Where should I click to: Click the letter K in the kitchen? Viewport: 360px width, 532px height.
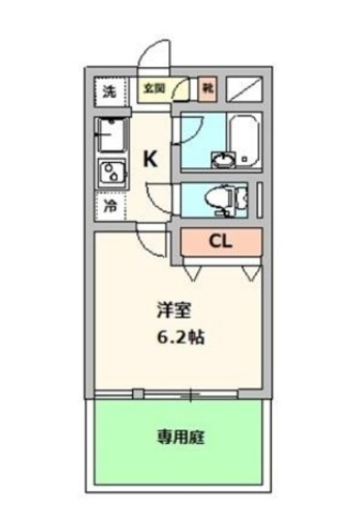click(150, 159)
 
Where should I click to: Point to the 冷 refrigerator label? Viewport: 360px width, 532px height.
click(110, 204)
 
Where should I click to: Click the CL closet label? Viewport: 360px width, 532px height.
click(219, 242)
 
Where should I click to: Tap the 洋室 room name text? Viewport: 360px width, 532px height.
click(175, 312)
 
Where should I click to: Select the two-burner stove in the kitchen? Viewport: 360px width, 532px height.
click(111, 174)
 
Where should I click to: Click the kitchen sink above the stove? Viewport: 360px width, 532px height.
click(110, 134)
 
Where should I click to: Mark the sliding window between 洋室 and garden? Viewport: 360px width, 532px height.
click(179, 392)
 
